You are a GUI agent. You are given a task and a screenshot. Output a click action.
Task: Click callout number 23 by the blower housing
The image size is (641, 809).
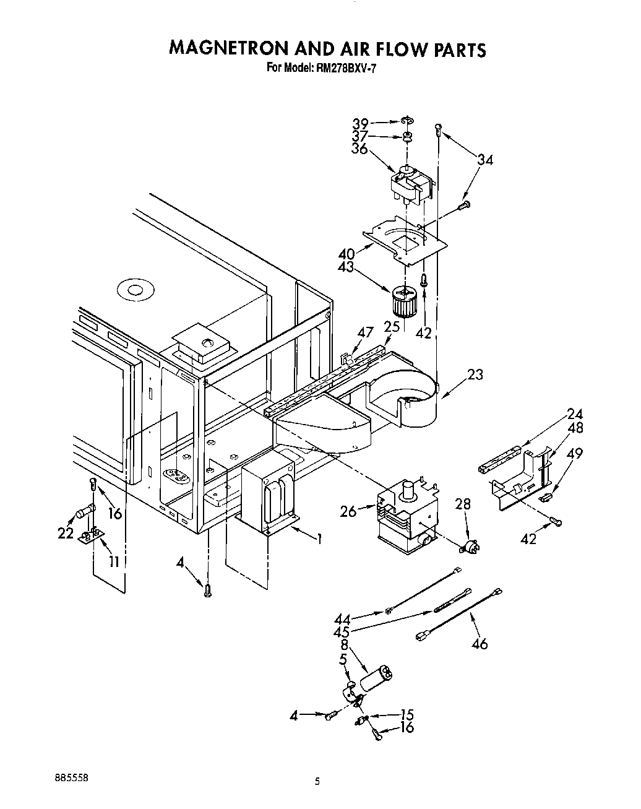pos(475,374)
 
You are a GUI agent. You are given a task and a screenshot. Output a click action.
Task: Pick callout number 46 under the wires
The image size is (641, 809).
pos(479,644)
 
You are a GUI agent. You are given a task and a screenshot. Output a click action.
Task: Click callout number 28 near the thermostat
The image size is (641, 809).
pos(463,504)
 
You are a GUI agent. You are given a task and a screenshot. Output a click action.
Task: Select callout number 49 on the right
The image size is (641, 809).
pos(575,454)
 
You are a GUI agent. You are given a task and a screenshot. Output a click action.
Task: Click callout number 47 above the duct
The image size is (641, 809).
pos(366,332)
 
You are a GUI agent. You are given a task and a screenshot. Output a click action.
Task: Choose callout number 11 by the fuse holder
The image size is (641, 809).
pos(114,561)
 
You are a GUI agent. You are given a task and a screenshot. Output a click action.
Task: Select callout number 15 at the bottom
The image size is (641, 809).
pos(406,714)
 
